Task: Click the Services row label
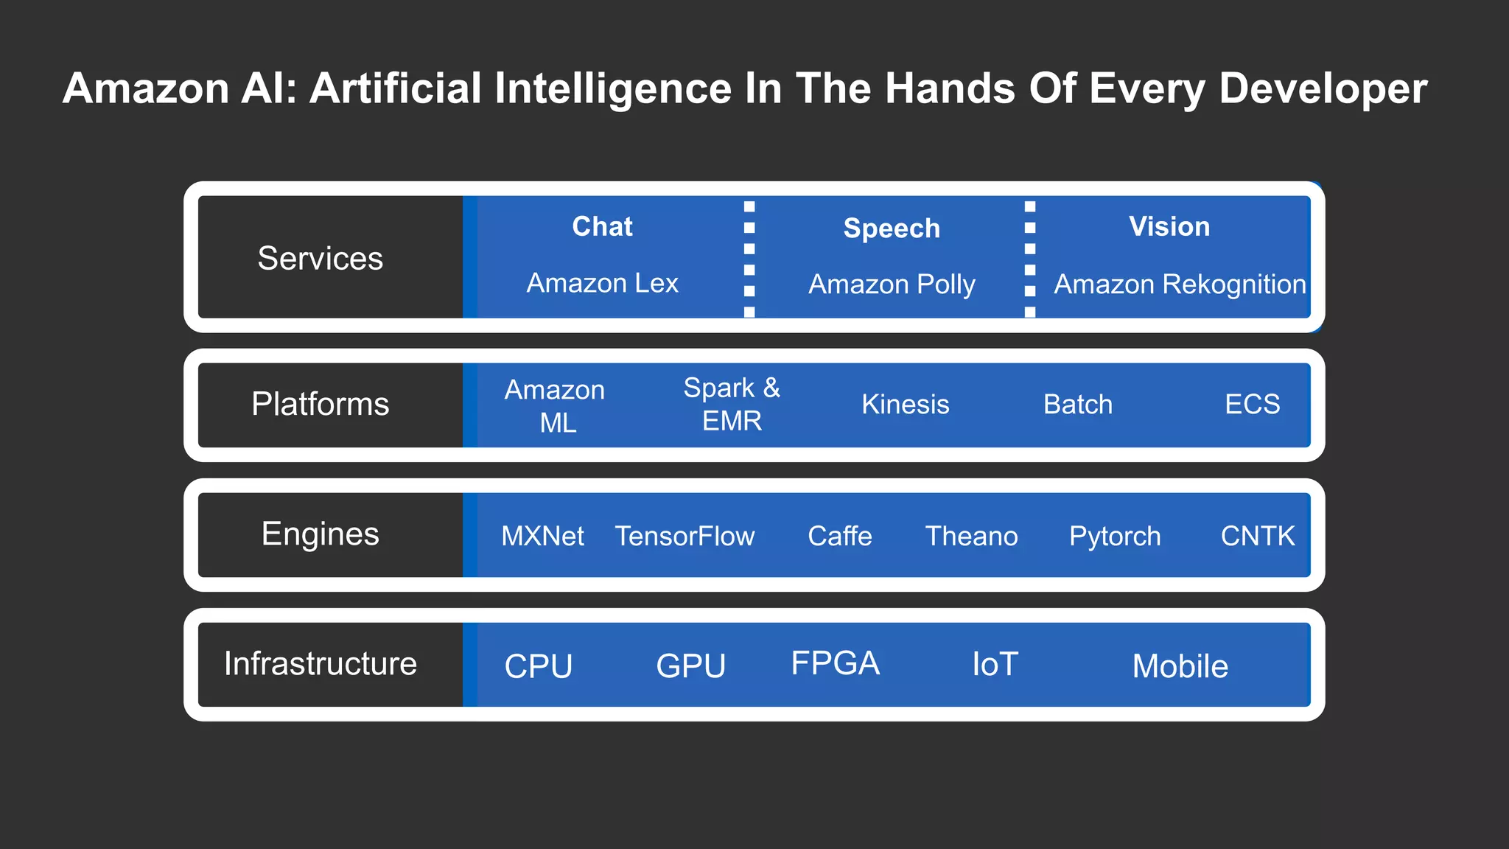point(320,259)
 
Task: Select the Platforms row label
point(320,404)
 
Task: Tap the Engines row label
point(320,534)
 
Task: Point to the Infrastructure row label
point(320,664)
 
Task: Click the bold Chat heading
point(602,226)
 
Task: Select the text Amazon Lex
point(602,283)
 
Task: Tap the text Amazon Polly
point(892,284)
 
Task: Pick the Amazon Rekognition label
point(1180,284)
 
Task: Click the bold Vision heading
point(1169,226)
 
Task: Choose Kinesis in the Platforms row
point(905,405)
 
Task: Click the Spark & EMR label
point(732,404)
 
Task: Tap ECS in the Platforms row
point(1252,405)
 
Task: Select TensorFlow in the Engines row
point(685,537)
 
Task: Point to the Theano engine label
point(971,537)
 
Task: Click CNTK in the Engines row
point(1257,537)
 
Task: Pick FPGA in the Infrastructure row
point(835,663)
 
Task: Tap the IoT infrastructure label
point(995,665)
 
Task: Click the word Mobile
point(1180,667)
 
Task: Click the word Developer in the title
point(1323,89)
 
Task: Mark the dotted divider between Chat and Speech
point(749,259)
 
